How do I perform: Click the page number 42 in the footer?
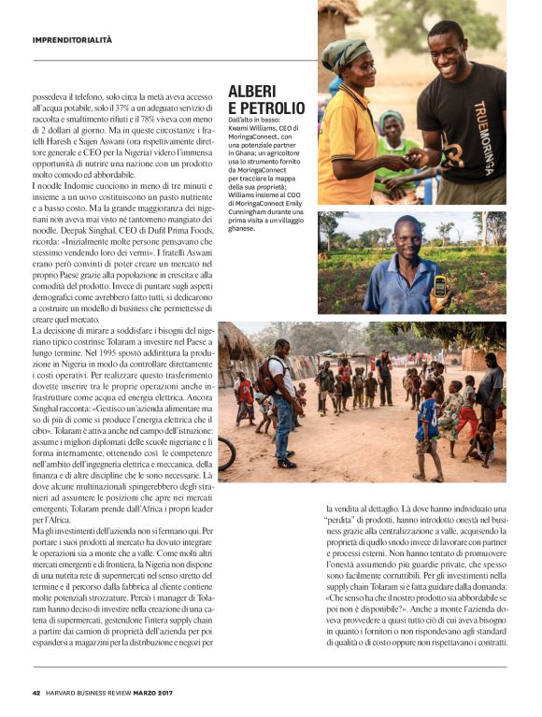[x=36, y=693]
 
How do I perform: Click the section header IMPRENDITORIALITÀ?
[x=72, y=40]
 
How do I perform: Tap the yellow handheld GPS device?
[x=438, y=285]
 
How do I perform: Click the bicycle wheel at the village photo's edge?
[x=226, y=453]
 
